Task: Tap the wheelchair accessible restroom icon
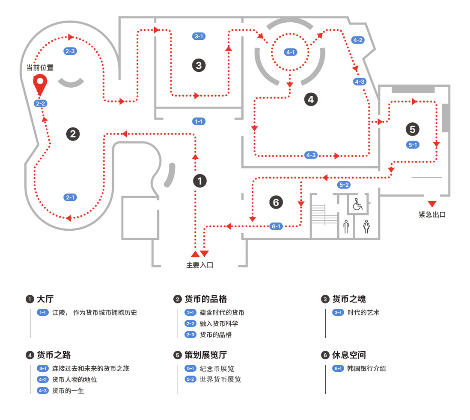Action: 357,205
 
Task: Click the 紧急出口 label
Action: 432,215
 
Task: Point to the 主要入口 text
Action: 199,265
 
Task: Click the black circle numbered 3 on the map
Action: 199,65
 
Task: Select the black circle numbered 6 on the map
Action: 276,202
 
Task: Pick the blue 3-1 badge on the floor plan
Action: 199,36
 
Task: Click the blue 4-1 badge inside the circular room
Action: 290,52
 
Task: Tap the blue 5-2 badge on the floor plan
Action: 344,185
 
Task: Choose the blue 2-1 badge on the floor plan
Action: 70,197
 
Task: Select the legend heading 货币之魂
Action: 349,299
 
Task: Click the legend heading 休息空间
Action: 349,355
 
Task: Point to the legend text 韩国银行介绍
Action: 366,368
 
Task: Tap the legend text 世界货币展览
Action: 220,379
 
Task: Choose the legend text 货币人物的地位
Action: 74,379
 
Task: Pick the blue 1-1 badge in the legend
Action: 43,312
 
